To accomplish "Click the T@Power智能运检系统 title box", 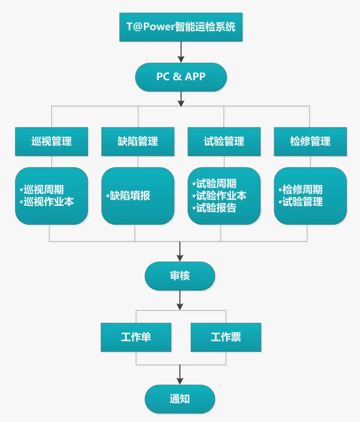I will pyautogui.click(x=181, y=27).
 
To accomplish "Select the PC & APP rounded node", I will pyautogui.click(x=181, y=77).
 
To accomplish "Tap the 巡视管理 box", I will pyautogui.click(x=51, y=141).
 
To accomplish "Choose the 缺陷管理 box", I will pyautogui.click(x=138, y=141).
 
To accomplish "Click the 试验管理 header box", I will pyautogui.click(x=224, y=141).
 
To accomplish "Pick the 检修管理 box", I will pyautogui.click(x=310, y=141).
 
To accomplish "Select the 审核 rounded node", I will pyautogui.click(x=180, y=276).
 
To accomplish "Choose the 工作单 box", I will pyautogui.click(x=136, y=337).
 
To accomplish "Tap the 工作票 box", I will pyautogui.click(x=226, y=337).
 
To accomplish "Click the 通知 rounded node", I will pyautogui.click(x=180, y=399).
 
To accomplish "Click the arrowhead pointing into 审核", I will pyautogui.click(x=180, y=258).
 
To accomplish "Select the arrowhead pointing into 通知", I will pyautogui.click(x=180, y=380).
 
